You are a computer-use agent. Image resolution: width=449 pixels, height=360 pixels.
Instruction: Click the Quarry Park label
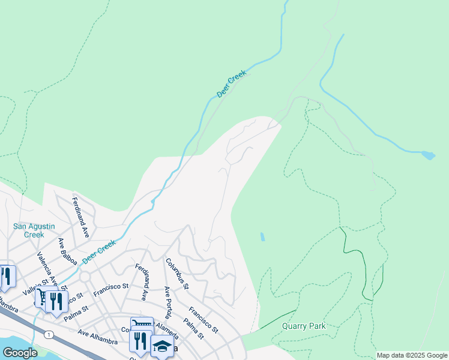coord(304,326)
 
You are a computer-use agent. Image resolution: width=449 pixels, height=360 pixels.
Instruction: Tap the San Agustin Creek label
coord(34,230)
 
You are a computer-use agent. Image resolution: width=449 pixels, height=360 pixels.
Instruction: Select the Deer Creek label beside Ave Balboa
coord(98,251)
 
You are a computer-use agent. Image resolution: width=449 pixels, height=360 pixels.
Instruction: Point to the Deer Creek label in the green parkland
coord(232,83)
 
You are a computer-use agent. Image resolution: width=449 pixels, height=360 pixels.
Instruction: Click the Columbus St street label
coord(177,274)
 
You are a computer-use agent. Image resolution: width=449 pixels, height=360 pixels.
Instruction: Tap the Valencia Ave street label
coord(48,268)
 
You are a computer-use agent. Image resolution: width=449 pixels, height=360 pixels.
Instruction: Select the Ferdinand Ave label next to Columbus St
coord(142,282)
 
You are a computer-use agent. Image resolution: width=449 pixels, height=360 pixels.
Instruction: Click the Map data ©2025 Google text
coord(412,355)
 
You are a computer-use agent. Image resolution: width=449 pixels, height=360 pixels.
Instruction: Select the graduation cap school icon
coord(162,346)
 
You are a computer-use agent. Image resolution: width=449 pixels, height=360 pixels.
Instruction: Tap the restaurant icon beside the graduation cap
coord(139,341)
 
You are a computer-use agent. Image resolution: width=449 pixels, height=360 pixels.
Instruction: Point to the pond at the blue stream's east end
coord(428,155)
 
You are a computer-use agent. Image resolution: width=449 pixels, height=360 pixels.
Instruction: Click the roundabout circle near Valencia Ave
coord(85,277)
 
